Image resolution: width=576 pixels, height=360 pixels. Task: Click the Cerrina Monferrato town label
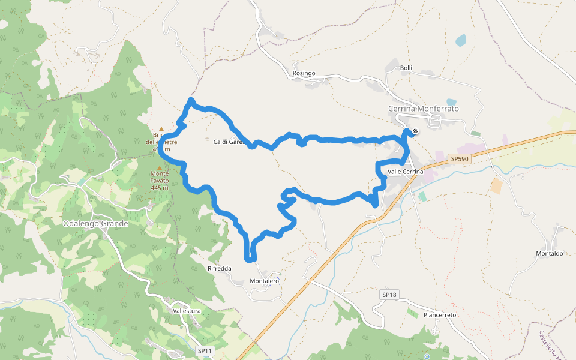point(423,109)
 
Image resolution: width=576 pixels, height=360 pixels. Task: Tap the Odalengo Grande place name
point(95,224)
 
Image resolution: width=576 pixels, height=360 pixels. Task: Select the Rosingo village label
point(304,73)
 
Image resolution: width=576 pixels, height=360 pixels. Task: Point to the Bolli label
point(406,68)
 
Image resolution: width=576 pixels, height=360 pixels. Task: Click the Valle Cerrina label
point(406,172)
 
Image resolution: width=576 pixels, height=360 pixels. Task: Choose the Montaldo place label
point(549,254)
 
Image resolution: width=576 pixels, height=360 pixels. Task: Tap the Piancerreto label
point(440,315)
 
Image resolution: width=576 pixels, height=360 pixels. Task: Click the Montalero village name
point(264,281)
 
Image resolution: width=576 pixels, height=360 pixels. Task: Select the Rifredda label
point(219,268)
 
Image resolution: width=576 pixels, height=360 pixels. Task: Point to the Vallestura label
point(186,311)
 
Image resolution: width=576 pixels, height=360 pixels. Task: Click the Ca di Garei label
point(227,142)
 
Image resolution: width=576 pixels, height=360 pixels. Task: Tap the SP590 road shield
point(459,158)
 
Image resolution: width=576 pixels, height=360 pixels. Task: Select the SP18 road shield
point(389,295)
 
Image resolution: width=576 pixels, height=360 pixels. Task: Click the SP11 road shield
point(205,350)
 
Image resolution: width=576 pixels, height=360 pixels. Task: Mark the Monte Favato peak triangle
point(159,168)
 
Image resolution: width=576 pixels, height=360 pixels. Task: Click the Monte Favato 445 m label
point(160,181)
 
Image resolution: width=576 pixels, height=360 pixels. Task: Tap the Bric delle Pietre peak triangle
point(161,128)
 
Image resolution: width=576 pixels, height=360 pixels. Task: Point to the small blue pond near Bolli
point(460,41)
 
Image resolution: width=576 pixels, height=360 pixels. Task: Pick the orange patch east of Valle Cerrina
point(496,186)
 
